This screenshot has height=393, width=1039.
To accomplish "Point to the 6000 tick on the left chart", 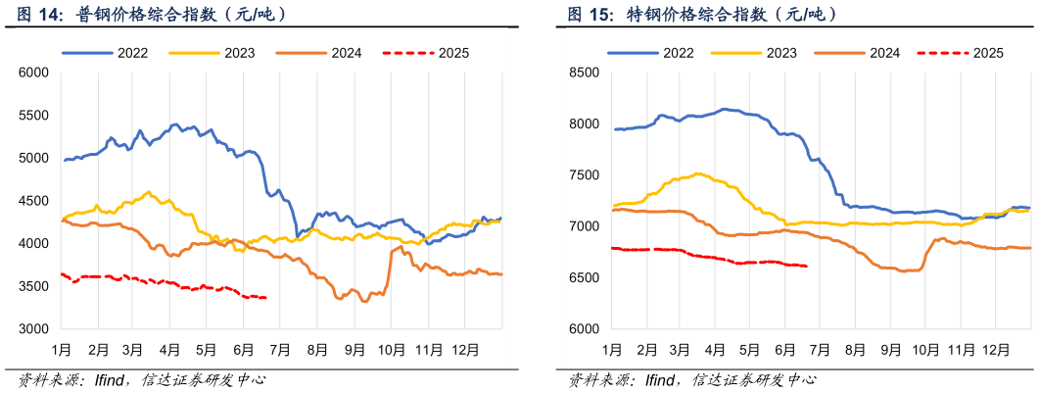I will click(x=33, y=73).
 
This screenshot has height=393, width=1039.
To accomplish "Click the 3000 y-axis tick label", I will click(x=33, y=329).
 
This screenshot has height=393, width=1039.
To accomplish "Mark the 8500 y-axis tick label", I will click(x=584, y=73).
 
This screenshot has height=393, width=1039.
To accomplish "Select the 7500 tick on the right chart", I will click(x=584, y=175).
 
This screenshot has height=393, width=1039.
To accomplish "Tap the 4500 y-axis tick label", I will click(x=33, y=201).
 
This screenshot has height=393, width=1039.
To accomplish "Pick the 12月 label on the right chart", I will click(x=996, y=348).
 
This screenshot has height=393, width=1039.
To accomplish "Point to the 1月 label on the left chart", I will click(x=61, y=348).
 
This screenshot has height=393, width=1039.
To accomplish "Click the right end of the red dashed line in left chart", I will click(x=265, y=298).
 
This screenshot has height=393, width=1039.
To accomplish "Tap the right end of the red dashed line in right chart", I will click(x=806, y=266).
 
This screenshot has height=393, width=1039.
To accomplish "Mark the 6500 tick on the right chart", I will click(x=584, y=278).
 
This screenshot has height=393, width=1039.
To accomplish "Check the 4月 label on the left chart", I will click(x=170, y=348).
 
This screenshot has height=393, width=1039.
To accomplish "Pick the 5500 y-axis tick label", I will click(x=33, y=116).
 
